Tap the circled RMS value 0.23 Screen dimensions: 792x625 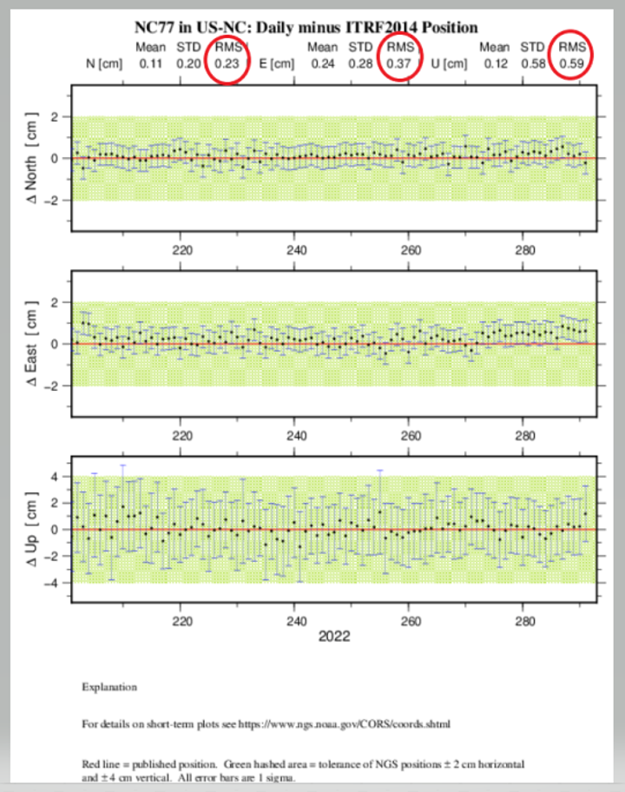point(228,63)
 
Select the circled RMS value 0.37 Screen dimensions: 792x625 point(400,63)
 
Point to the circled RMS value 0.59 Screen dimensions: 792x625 point(572,63)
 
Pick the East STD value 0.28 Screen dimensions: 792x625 point(360,63)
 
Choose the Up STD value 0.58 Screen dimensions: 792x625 point(532,63)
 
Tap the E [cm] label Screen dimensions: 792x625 point(277,63)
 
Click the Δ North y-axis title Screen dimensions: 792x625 point(32,159)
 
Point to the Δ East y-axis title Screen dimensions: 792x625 point(32,344)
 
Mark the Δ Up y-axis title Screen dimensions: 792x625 point(32,530)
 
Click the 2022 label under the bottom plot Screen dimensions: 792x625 point(333,637)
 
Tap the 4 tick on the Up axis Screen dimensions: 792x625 point(55,477)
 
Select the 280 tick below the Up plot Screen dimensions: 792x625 point(524,621)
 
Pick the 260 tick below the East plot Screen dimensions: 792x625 point(411,435)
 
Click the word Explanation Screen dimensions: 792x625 point(109,687)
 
